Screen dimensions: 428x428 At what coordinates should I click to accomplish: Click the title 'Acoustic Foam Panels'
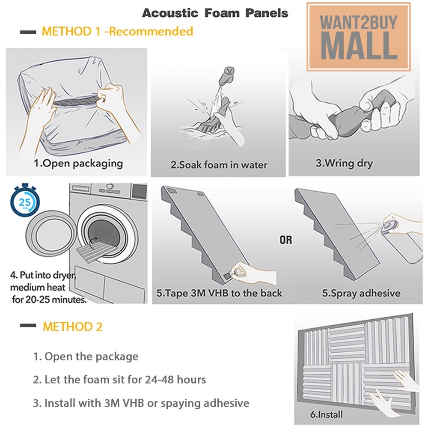pyautogui.click(x=215, y=13)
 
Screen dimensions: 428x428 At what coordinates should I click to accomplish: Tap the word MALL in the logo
pyautogui.click(x=359, y=46)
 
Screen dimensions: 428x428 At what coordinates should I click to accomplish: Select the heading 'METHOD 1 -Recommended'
pyautogui.click(x=117, y=31)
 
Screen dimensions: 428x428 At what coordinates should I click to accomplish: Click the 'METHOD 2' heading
pyautogui.click(x=73, y=327)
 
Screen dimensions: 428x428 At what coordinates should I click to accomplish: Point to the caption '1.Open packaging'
pyautogui.click(x=78, y=163)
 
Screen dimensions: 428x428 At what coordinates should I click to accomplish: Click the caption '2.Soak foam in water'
pyautogui.click(x=219, y=165)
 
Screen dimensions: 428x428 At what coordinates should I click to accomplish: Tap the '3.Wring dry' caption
pyautogui.click(x=344, y=163)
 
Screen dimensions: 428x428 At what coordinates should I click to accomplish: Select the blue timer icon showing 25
pyautogui.click(x=25, y=201)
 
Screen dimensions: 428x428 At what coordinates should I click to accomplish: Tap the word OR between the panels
pyautogui.click(x=286, y=240)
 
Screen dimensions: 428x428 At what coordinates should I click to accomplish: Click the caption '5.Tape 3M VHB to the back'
pyautogui.click(x=219, y=293)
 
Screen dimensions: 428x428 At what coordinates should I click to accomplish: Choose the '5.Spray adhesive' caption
pyautogui.click(x=361, y=293)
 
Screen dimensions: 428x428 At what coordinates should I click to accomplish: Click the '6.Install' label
pyautogui.click(x=327, y=414)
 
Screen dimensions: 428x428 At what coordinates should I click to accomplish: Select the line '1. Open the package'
pyautogui.click(x=86, y=357)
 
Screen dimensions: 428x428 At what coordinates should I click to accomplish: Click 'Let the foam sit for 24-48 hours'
pyautogui.click(x=125, y=379)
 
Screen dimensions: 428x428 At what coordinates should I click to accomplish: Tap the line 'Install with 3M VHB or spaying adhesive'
pyautogui.click(x=147, y=403)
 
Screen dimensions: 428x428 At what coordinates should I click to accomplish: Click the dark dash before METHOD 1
pyautogui.click(x=28, y=32)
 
